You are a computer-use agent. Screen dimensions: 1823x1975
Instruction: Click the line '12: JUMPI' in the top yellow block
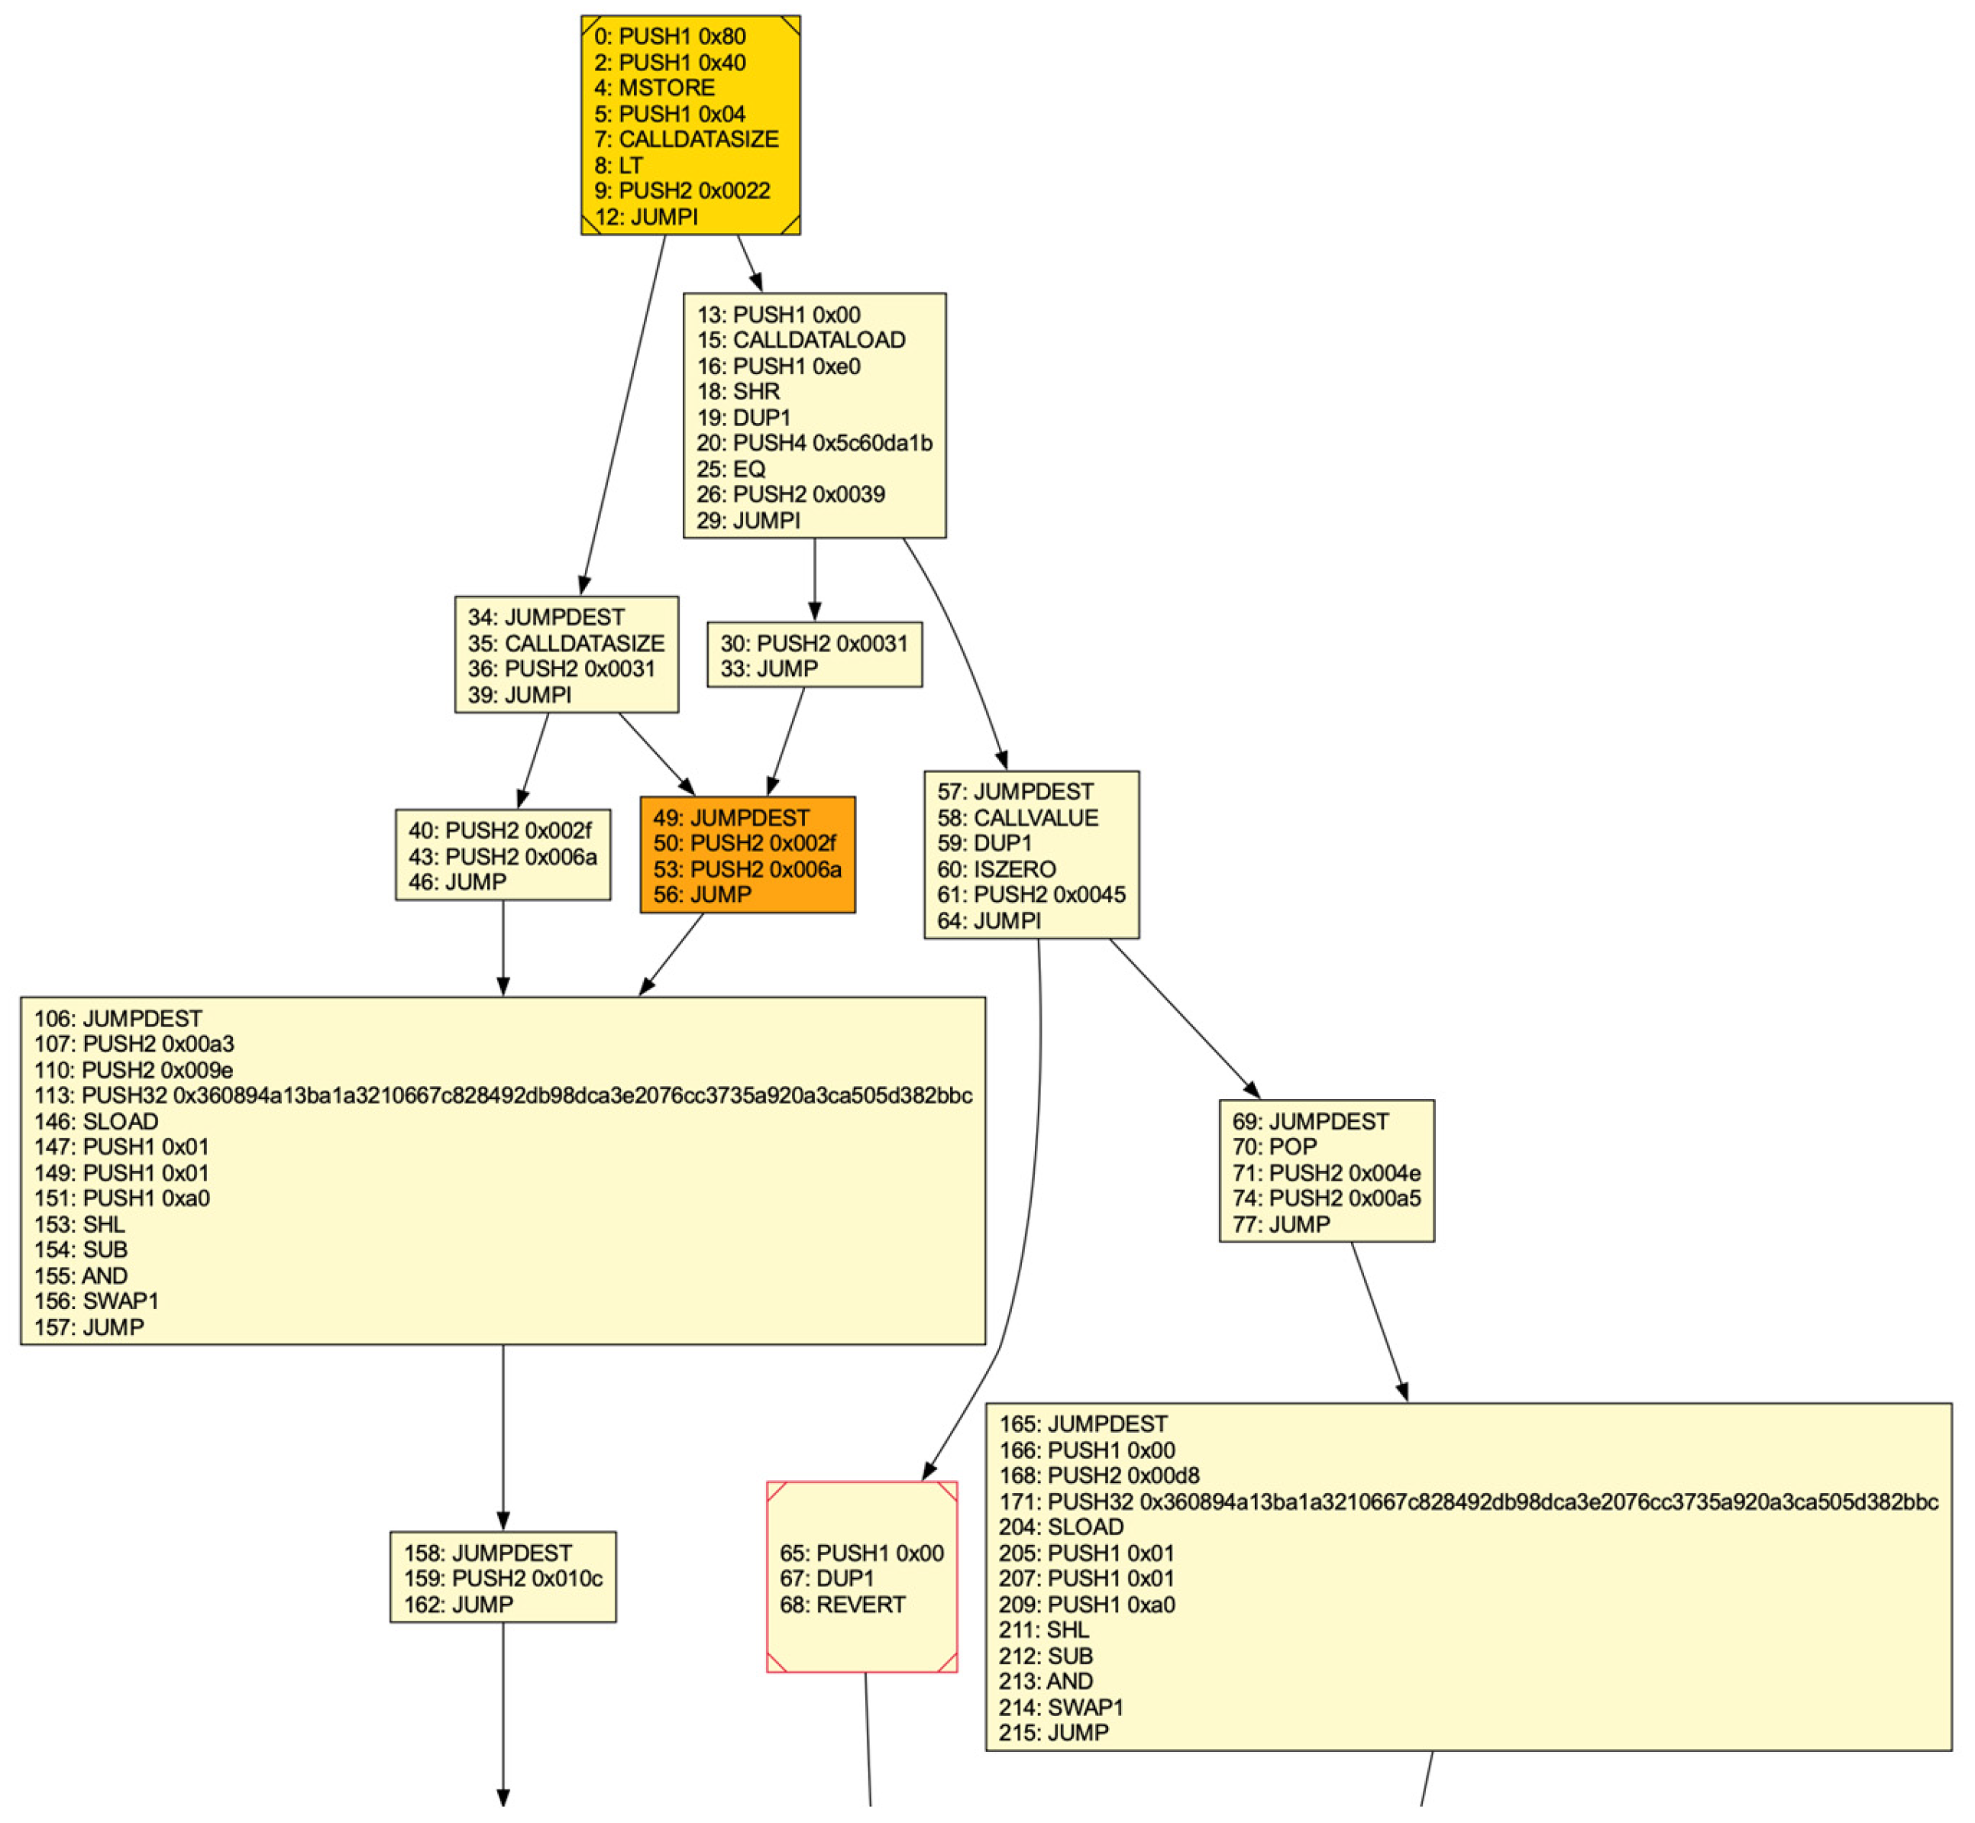coord(646,217)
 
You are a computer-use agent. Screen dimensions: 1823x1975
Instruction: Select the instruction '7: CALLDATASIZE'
coord(686,139)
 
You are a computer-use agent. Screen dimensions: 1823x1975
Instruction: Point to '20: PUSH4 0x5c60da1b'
coord(814,443)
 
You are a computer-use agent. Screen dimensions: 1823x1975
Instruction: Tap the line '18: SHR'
coord(738,392)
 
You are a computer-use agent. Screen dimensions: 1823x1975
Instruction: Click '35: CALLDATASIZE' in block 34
coord(566,643)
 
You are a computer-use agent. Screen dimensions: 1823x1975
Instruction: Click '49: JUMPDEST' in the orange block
coord(730,818)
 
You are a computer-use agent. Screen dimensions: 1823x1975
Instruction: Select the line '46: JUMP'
coord(457,882)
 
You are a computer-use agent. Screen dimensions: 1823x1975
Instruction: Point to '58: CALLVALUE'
coord(1017,818)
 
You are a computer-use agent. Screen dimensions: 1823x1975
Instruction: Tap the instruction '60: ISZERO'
coord(997,869)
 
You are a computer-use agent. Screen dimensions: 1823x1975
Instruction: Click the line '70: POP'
coord(1274,1147)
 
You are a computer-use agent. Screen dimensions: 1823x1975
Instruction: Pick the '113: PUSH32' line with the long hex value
coord(503,1096)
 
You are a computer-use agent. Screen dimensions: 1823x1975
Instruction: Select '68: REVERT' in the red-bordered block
coord(842,1605)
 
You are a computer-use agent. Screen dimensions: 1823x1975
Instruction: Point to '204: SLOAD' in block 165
coord(1061,1527)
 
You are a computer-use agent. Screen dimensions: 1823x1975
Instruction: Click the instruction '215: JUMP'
coord(1054,1733)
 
